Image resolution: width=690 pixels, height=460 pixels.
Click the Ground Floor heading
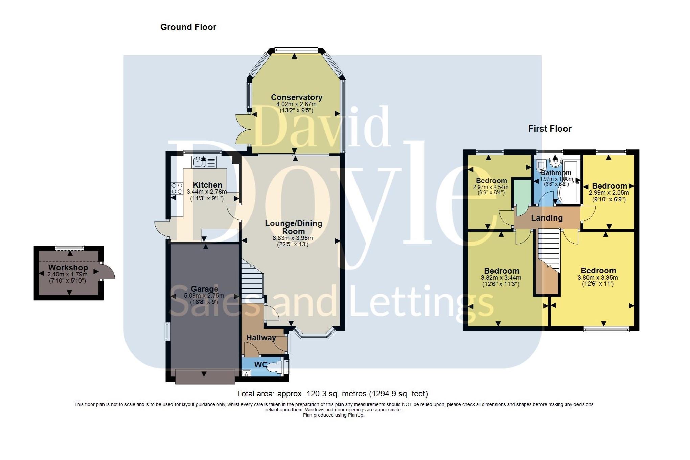point(188,27)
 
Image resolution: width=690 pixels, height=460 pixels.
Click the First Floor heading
point(550,129)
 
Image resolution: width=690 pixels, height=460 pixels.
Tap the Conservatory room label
point(296,97)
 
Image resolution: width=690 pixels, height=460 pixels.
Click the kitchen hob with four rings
point(177,188)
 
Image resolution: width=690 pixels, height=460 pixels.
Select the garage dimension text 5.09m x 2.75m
point(204,296)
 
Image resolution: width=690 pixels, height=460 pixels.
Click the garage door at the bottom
point(205,376)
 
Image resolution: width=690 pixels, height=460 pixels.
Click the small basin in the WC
point(247,373)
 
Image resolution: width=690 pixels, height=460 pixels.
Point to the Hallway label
point(261,338)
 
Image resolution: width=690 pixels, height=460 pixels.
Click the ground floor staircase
point(252,281)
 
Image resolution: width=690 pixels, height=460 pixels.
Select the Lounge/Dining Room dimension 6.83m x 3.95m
point(293,238)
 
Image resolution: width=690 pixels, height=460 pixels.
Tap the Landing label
point(547,218)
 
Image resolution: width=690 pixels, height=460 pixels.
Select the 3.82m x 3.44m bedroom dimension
point(501,278)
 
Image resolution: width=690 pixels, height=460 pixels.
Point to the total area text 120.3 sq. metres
point(332,394)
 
